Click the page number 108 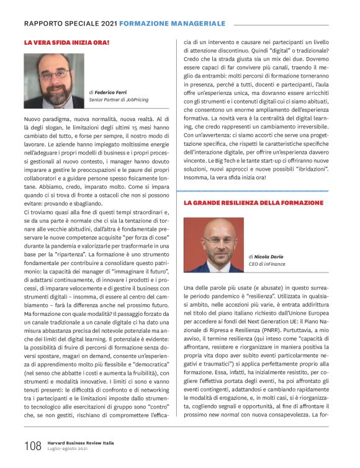point(32,446)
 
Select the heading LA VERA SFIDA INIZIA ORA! point(66,42)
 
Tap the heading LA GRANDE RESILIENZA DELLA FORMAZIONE point(253,203)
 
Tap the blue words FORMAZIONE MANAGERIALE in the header point(172,23)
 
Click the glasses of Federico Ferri point(55,75)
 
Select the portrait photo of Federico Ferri point(54,81)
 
